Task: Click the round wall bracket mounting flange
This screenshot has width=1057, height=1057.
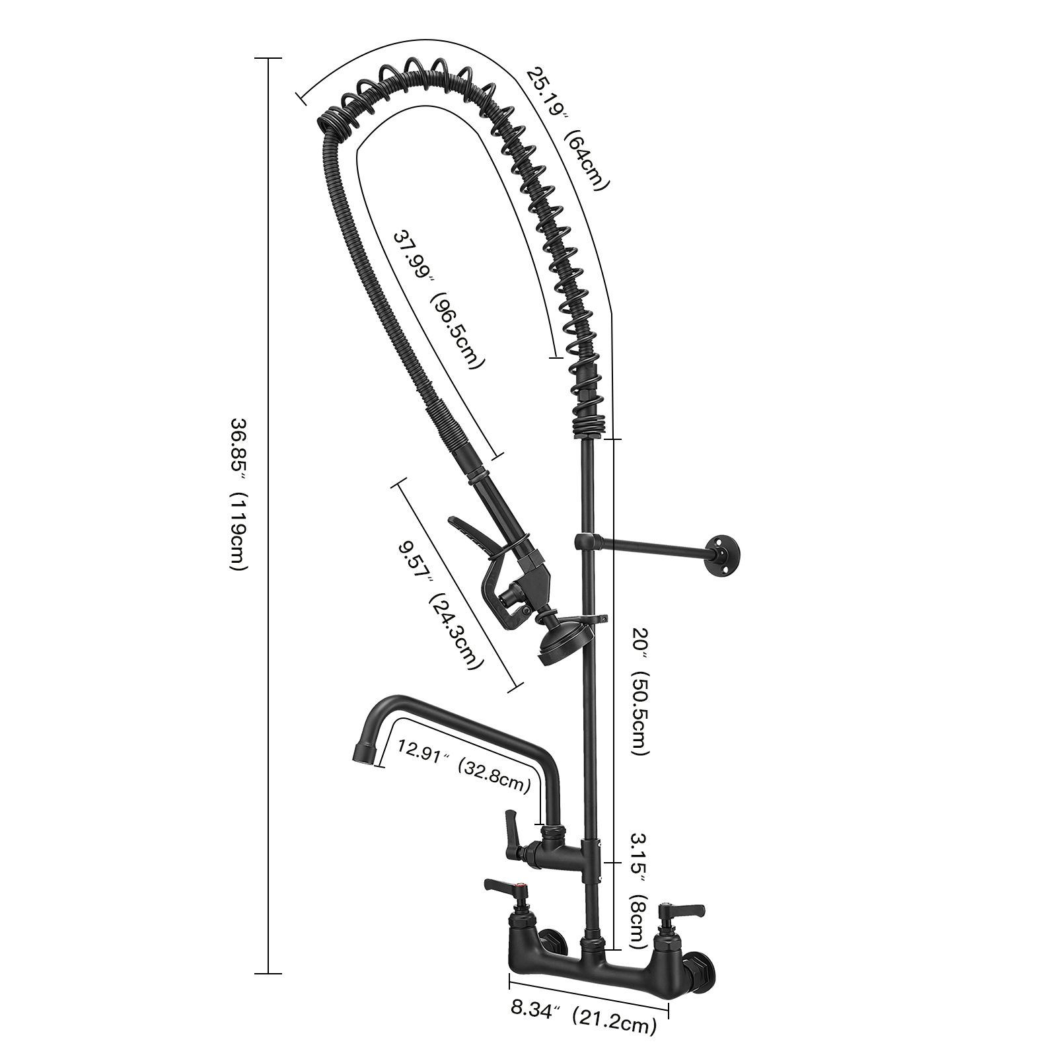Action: coord(725,550)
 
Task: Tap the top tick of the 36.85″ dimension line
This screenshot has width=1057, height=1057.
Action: coord(268,59)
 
